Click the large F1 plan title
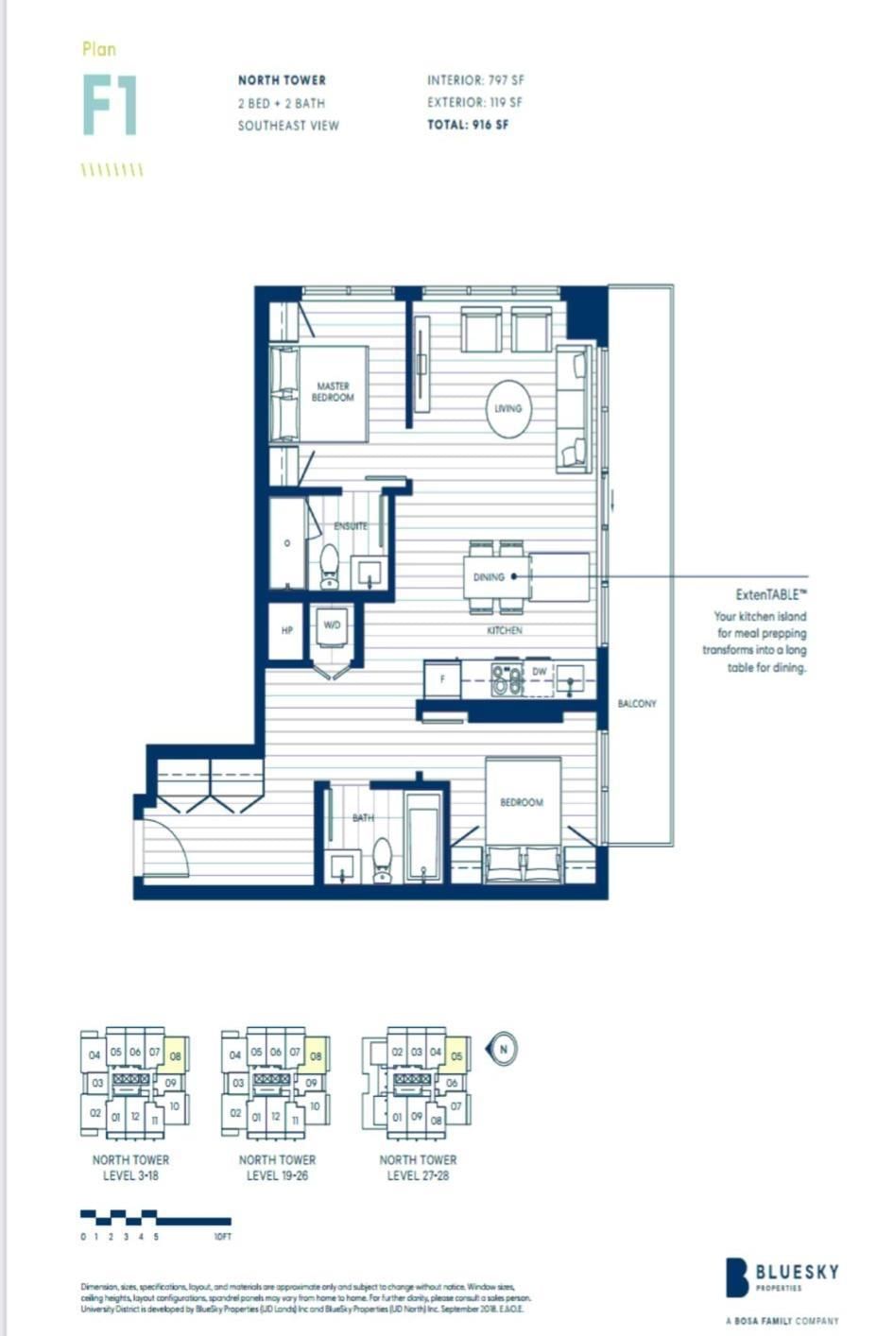(110, 105)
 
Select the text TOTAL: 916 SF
(468, 125)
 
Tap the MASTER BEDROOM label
(333, 392)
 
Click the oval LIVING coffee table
(507, 408)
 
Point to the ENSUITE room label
(351, 525)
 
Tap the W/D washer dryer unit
(332, 631)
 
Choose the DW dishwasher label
(540, 672)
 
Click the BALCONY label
(637, 704)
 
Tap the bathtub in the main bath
(422, 836)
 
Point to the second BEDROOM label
(522, 802)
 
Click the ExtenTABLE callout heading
(771, 595)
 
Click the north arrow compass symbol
(503, 1048)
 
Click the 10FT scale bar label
(222, 1236)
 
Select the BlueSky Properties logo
(782, 1277)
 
